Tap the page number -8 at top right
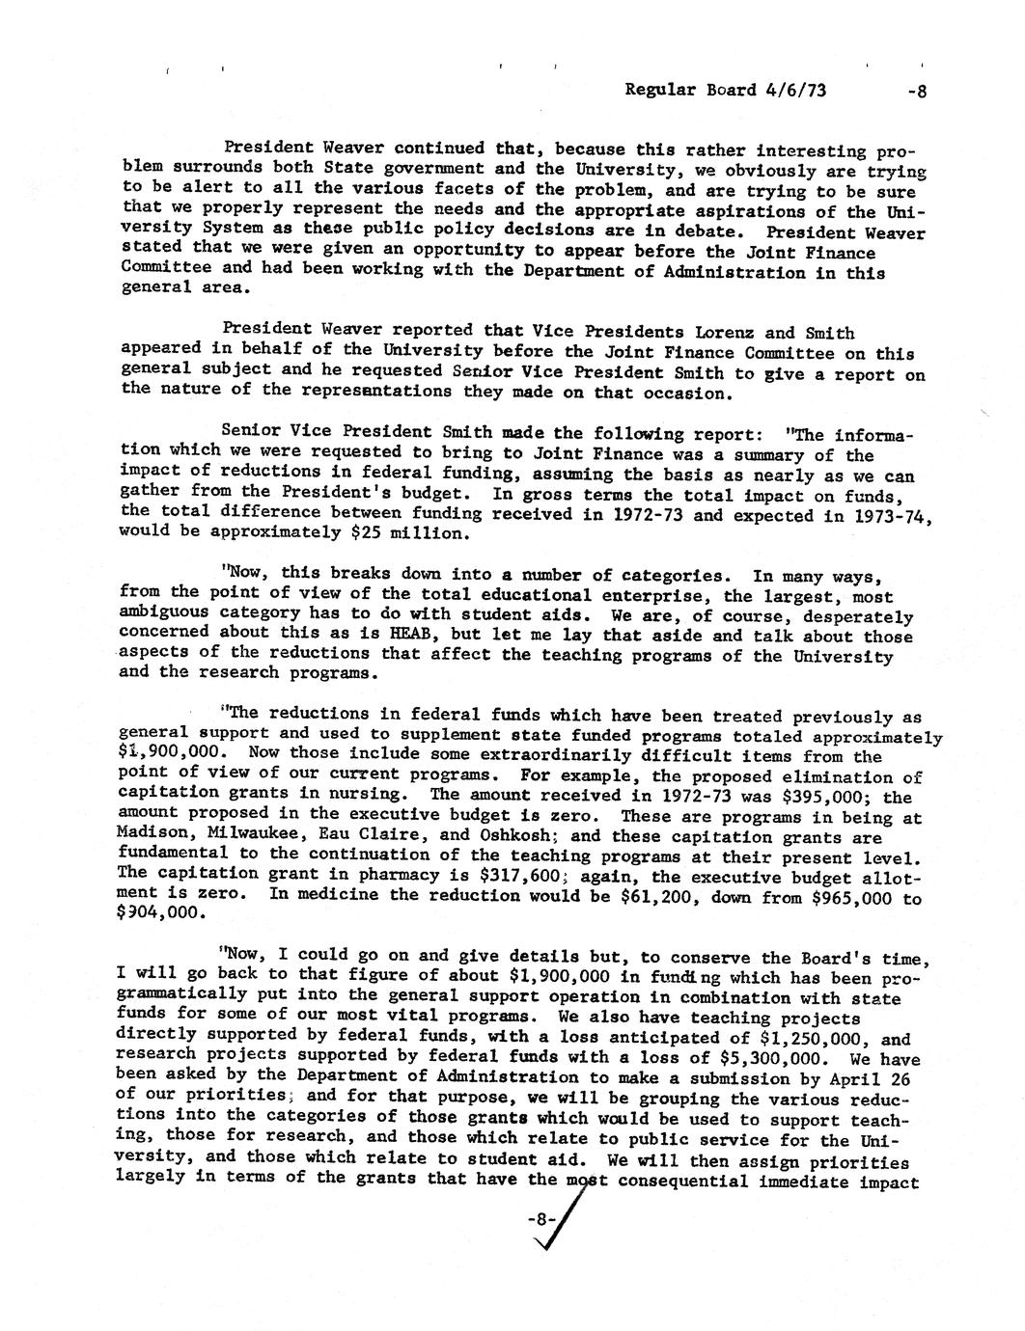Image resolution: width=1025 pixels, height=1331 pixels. tap(916, 92)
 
